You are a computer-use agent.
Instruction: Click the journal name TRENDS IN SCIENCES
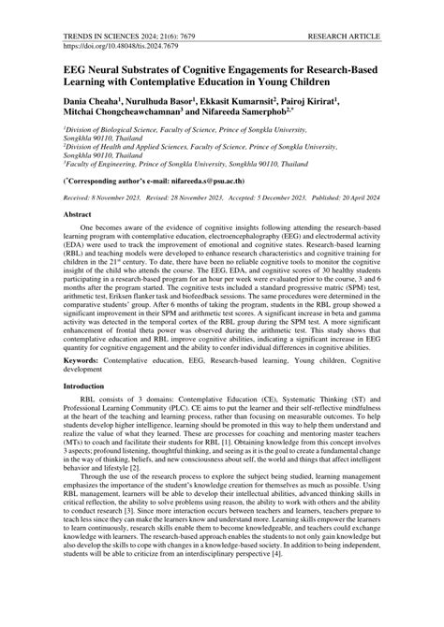click(x=66, y=18)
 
